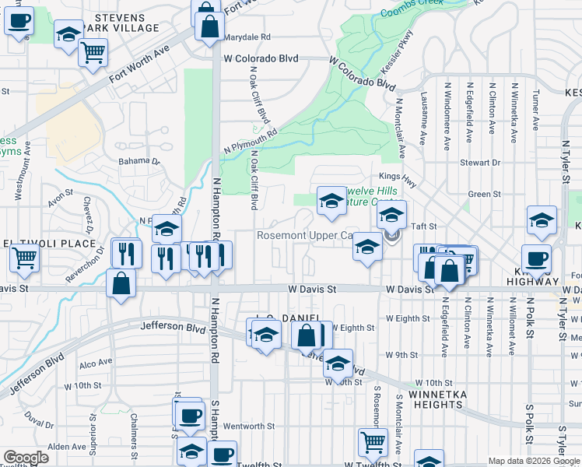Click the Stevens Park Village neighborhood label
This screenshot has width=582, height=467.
(x=125, y=23)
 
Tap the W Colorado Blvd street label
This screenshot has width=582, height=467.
(x=261, y=58)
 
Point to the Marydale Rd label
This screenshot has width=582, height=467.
(x=247, y=37)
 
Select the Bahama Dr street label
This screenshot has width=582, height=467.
(x=138, y=162)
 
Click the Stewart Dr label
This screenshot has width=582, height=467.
(x=479, y=163)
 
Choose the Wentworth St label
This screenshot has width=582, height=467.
(x=249, y=426)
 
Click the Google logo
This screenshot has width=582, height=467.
(x=26, y=458)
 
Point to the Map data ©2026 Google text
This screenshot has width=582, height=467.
(x=534, y=461)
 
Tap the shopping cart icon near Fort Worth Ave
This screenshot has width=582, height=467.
(x=93, y=53)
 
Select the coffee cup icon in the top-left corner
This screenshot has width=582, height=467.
(x=19, y=20)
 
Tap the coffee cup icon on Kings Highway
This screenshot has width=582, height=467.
(x=536, y=259)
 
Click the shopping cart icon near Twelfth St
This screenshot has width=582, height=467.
(x=373, y=443)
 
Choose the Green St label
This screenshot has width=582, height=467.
(x=484, y=195)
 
